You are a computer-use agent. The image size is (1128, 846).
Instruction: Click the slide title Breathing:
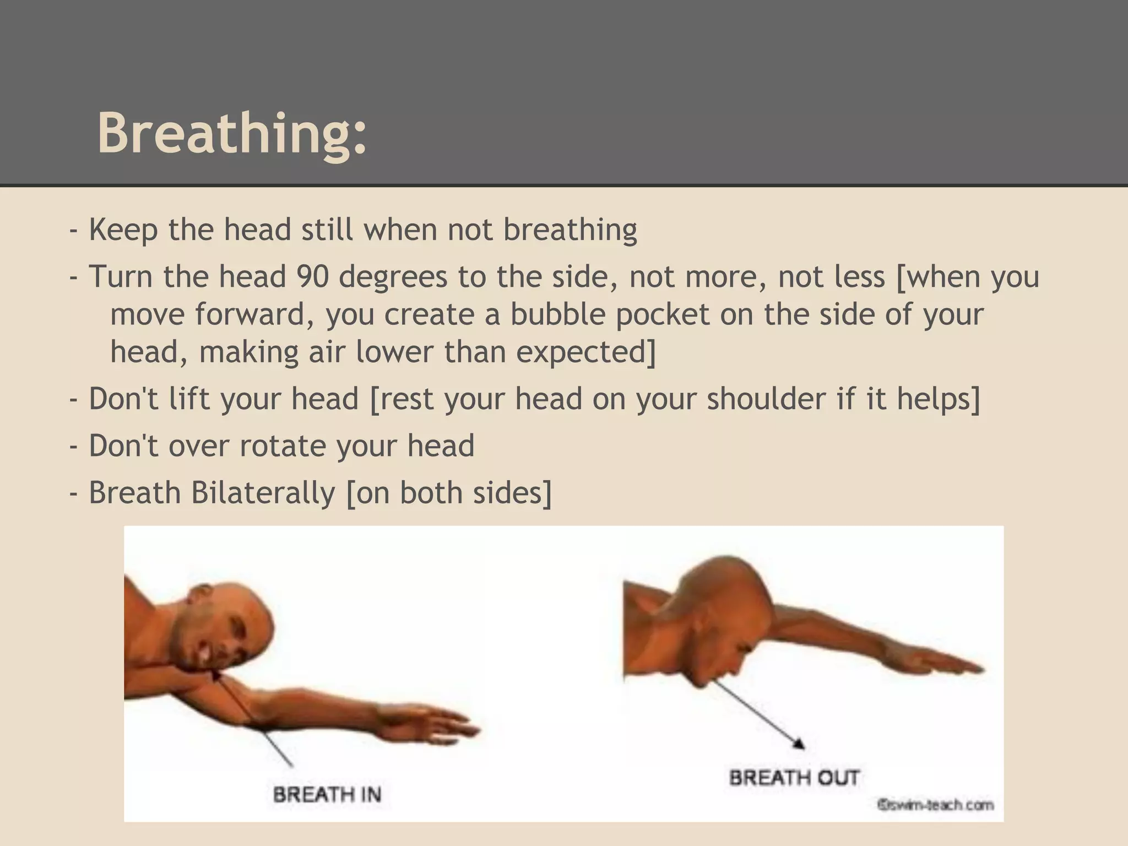pyautogui.click(x=232, y=134)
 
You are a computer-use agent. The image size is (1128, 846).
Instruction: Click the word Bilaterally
pyautogui.click(x=263, y=492)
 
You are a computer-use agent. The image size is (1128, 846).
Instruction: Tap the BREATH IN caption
pyautogui.click(x=327, y=794)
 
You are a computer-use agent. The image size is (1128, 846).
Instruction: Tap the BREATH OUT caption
pyautogui.click(x=794, y=778)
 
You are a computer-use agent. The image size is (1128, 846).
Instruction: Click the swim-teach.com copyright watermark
pyautogui.click(x=935, y=805)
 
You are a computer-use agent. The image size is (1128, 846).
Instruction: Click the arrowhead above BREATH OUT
pyautogui.click(x=798, y=744)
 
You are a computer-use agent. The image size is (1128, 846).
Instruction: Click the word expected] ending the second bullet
pyautogui.click(x=586, y=352)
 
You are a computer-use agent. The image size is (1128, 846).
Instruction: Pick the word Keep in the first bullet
pyautogui.click(x=123, y=230)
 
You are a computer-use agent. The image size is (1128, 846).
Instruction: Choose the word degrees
pyautogui.click(x=393, y=276)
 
